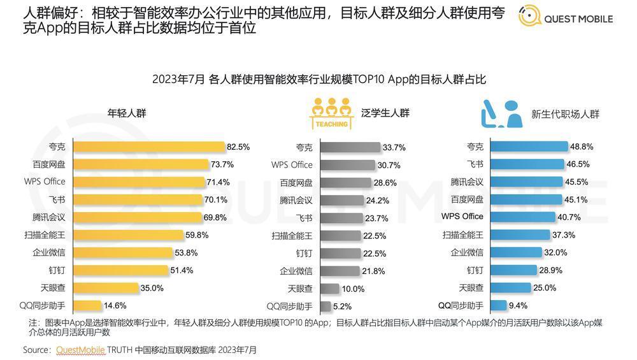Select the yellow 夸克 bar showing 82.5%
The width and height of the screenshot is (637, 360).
click(149, 147)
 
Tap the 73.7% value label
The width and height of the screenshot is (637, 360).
click(222, 164)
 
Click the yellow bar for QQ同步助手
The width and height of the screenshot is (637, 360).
click(87, 306)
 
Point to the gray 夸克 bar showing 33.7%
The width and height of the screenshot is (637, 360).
click(350, 147)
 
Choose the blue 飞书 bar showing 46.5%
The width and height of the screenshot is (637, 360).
click(527, 164)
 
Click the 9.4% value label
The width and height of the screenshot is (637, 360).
click(518, 306)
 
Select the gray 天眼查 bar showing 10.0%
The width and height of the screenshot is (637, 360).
click(329, 289)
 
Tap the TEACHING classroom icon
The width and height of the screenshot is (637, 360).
click(331, 113)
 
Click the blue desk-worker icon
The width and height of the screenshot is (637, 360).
click(502, 114)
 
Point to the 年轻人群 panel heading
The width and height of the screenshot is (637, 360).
click(127, 113)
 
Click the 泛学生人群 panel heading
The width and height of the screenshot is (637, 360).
click(385, 113)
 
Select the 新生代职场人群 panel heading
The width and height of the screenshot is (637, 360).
click(565, 114)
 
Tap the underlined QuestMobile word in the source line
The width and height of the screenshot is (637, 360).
click(80, 350)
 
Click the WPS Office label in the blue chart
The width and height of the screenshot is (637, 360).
click(462, 217)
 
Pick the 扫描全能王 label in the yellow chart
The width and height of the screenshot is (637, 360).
click(45, 235)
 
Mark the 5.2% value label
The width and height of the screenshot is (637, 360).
click(343, 306)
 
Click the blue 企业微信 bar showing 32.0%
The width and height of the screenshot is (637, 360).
click(517, 252)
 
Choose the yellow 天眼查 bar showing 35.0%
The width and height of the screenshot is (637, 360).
click(106, 288)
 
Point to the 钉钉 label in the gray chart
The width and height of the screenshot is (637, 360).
click(304, 254)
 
